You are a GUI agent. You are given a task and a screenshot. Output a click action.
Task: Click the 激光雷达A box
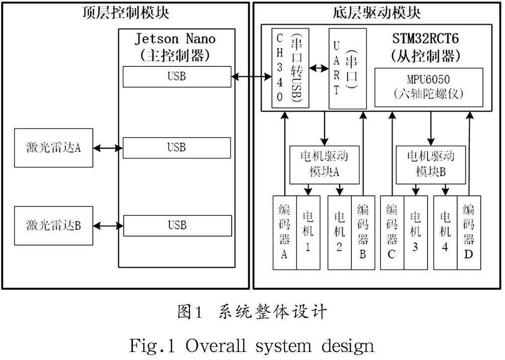54,148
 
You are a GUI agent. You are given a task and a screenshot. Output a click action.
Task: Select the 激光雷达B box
54,225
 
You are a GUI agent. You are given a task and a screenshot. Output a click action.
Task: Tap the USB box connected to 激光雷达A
177,148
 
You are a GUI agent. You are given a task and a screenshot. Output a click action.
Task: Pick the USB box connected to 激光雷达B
177,225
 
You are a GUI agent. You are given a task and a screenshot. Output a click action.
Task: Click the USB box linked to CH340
177,77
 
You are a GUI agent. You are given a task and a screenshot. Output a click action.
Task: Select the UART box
344,68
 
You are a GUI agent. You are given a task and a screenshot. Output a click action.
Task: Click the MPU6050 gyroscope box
429,87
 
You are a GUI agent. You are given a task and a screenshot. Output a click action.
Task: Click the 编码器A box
284,232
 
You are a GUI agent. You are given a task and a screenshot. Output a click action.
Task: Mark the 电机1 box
308,232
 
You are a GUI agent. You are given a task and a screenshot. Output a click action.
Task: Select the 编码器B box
362,232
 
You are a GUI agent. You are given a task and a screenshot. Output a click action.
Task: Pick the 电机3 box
416,232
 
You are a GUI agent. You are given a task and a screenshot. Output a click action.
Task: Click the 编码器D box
468,232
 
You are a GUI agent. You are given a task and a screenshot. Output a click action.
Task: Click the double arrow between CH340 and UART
318,68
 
